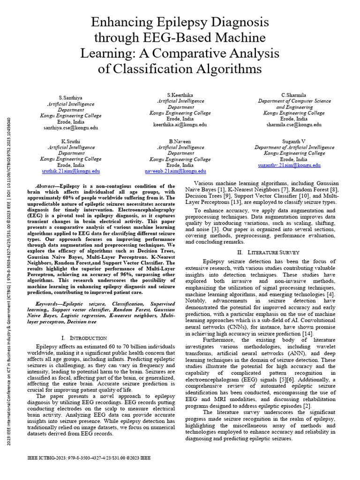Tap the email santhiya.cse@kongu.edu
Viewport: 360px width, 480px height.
pos(71,127)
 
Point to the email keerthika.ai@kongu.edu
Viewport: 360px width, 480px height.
pos(180,125)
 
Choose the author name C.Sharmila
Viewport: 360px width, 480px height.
pos(293,95)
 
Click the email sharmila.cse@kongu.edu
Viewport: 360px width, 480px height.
pos(293,125)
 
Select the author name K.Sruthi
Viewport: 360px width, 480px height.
pos(71,141)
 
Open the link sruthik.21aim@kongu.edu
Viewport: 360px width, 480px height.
pos(71,172)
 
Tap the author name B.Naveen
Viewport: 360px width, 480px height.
pos(180,141)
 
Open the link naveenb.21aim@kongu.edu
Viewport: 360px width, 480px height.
pos(180,172)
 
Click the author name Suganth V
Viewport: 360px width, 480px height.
pos(293,141)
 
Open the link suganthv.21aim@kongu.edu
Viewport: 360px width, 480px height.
pos(289,165)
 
